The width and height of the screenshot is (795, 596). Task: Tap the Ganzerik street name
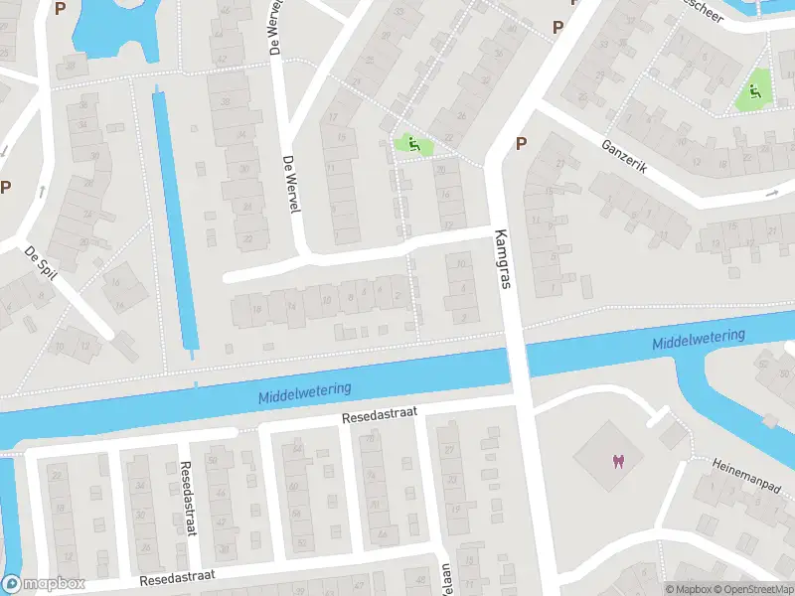click(624, 157)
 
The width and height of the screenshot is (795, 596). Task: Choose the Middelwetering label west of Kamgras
click(305, 390)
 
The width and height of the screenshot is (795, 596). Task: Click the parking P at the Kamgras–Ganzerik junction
click(521, 144)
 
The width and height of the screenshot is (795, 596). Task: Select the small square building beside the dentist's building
click(672, 434)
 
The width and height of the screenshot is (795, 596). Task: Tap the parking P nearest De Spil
click(5, 186)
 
